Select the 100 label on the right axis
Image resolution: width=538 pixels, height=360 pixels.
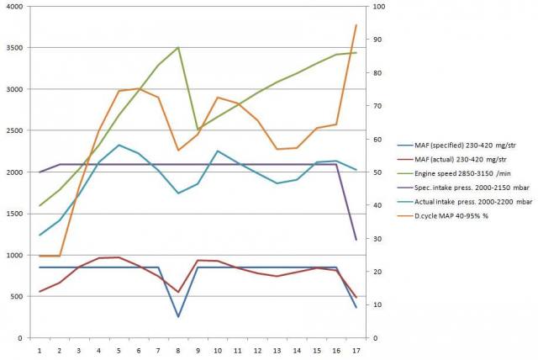coord(381,7)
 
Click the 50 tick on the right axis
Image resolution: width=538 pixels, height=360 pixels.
coord(378,172)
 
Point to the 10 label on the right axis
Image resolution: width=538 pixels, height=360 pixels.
coord(378,304)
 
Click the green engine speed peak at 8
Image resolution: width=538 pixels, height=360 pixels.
coord(178,48)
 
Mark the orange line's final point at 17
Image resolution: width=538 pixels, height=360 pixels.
coord(356,25)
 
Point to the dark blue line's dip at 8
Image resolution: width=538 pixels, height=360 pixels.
coord(178,317)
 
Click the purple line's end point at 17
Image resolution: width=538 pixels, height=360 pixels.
coord(356,240)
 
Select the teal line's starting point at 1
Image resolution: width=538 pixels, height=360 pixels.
coord(40,235)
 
